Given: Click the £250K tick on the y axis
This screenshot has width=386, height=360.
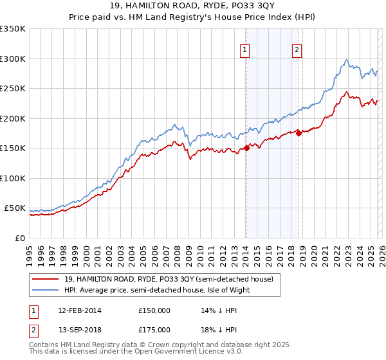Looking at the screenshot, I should pyautogui.click(x=13, y=88).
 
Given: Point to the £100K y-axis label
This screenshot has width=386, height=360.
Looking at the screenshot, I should pyautogui.click(x=13, y=178).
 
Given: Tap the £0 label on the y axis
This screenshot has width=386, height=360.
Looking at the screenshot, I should pyautogui.click(x=19, y=238).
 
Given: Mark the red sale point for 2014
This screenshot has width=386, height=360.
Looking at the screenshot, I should pyautogui.click(x=246, y=148).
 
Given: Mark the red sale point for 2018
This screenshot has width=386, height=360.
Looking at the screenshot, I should pyautogui.click(x=299, y=133).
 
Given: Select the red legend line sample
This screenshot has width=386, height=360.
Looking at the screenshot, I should pyautogui.click(x=46, y=279).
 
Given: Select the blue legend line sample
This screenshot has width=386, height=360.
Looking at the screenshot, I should pyautogui.click(x=46, y=290).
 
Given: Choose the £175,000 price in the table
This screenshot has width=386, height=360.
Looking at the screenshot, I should pyautogui.click(x=154, y=329).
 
